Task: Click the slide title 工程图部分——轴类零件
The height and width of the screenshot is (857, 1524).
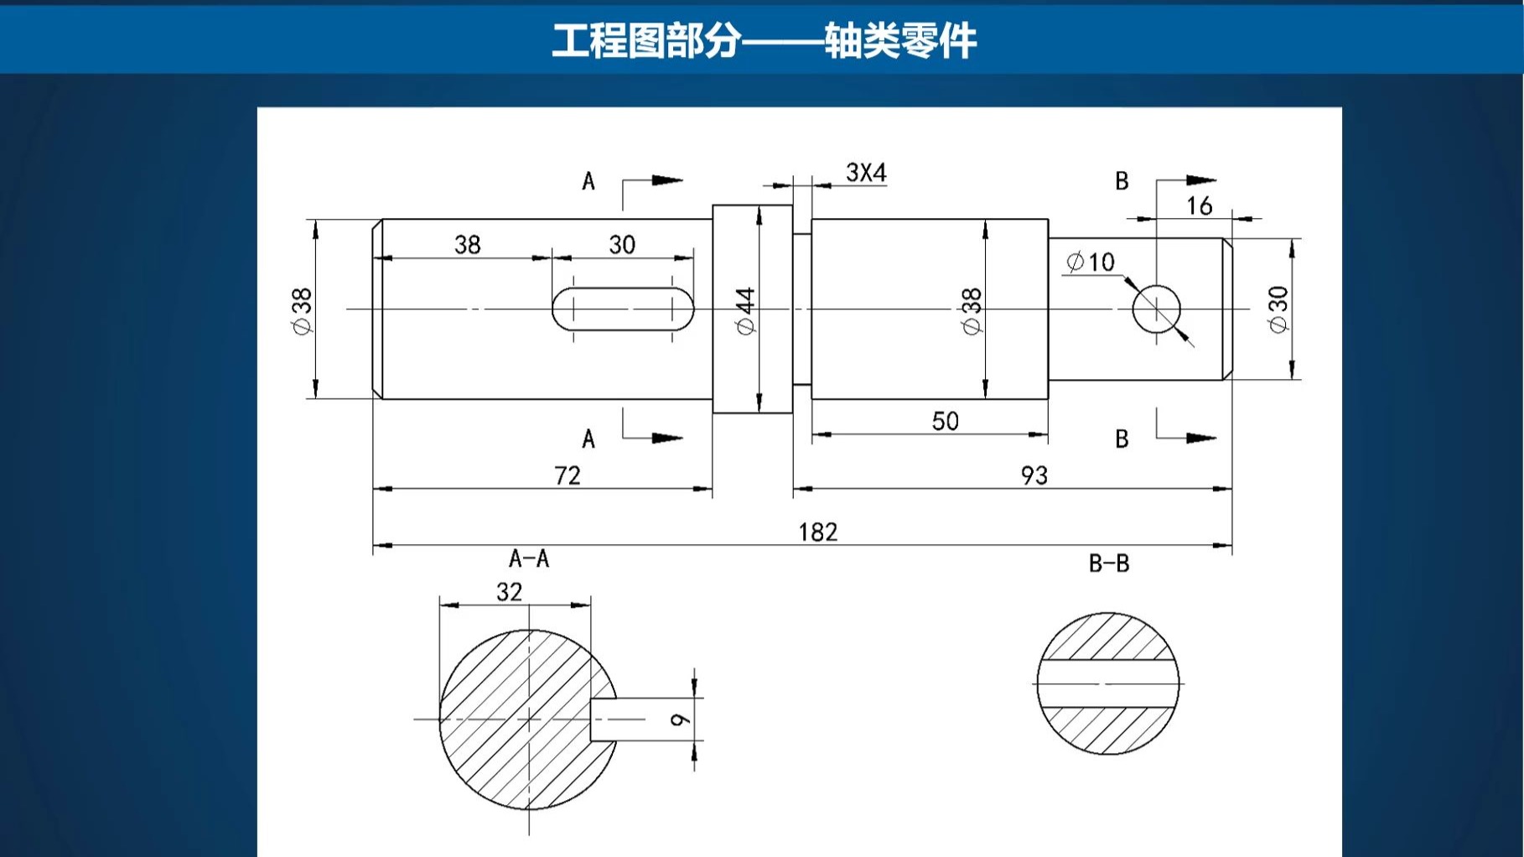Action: point(763,40)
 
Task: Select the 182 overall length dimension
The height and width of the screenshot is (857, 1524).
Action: point(817,532)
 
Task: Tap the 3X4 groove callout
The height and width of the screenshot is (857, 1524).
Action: point(865,173)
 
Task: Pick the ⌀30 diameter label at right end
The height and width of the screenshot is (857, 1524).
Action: point(1278,309)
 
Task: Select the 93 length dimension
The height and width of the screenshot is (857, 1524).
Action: point(1034,475)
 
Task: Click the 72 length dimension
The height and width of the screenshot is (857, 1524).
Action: point(568,475)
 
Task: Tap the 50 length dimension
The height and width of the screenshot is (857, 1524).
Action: point(945,421)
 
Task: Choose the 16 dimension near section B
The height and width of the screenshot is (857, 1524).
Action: point(1199,205)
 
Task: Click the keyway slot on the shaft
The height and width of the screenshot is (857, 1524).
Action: point(622,309)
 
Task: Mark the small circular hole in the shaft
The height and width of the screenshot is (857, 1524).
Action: point(1156,309)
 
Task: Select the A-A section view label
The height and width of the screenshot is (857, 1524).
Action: point(529,558)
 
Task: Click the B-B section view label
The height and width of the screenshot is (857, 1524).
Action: point(1108,564)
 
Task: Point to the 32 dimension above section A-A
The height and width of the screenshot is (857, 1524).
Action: point(509,592)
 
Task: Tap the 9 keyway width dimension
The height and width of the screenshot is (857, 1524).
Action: point(680,719)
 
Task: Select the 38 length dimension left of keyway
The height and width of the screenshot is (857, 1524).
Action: point(467,245)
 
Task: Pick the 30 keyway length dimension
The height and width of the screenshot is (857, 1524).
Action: point(621,245)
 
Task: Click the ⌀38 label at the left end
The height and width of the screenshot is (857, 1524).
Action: point(302,311)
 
